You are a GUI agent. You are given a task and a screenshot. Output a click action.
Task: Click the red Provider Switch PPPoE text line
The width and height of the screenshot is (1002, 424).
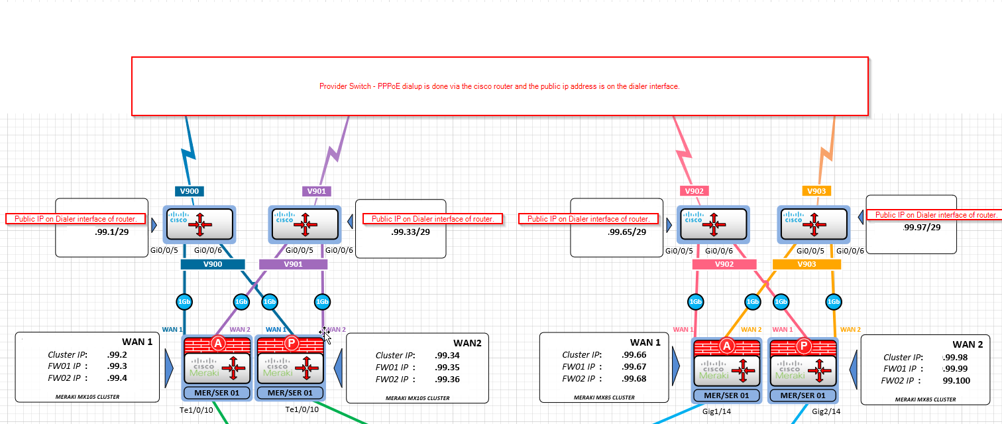click(x=499, y=86)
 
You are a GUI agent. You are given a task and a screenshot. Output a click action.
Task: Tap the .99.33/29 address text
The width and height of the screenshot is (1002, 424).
click(x=410, y=232)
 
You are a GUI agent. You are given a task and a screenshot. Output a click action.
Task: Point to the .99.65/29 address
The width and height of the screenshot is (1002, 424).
click(x=626, y=233)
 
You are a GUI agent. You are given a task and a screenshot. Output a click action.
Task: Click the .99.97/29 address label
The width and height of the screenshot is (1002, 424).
click(x=921, y=227)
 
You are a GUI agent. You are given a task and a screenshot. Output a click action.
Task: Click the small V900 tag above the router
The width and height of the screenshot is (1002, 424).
click(x=190, y=191)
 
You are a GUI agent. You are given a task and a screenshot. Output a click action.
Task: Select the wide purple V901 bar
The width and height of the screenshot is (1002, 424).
click(x=293, y=264)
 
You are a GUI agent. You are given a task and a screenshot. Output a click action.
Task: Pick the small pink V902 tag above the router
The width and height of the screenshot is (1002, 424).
click(x=695, y=191)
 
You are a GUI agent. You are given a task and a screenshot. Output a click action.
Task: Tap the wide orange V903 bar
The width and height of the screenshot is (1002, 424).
click(x=807, y=264)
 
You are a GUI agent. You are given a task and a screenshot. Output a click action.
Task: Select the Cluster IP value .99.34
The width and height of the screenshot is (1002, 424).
click(x=447, y=355)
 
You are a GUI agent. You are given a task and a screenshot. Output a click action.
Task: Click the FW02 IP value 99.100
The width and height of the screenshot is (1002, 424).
click(x=956, y=380)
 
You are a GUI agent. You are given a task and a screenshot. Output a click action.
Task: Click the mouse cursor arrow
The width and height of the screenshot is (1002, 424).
click(x=326, y=336)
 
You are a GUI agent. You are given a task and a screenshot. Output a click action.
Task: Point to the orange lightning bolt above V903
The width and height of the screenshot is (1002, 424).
click(x=826, y=155)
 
